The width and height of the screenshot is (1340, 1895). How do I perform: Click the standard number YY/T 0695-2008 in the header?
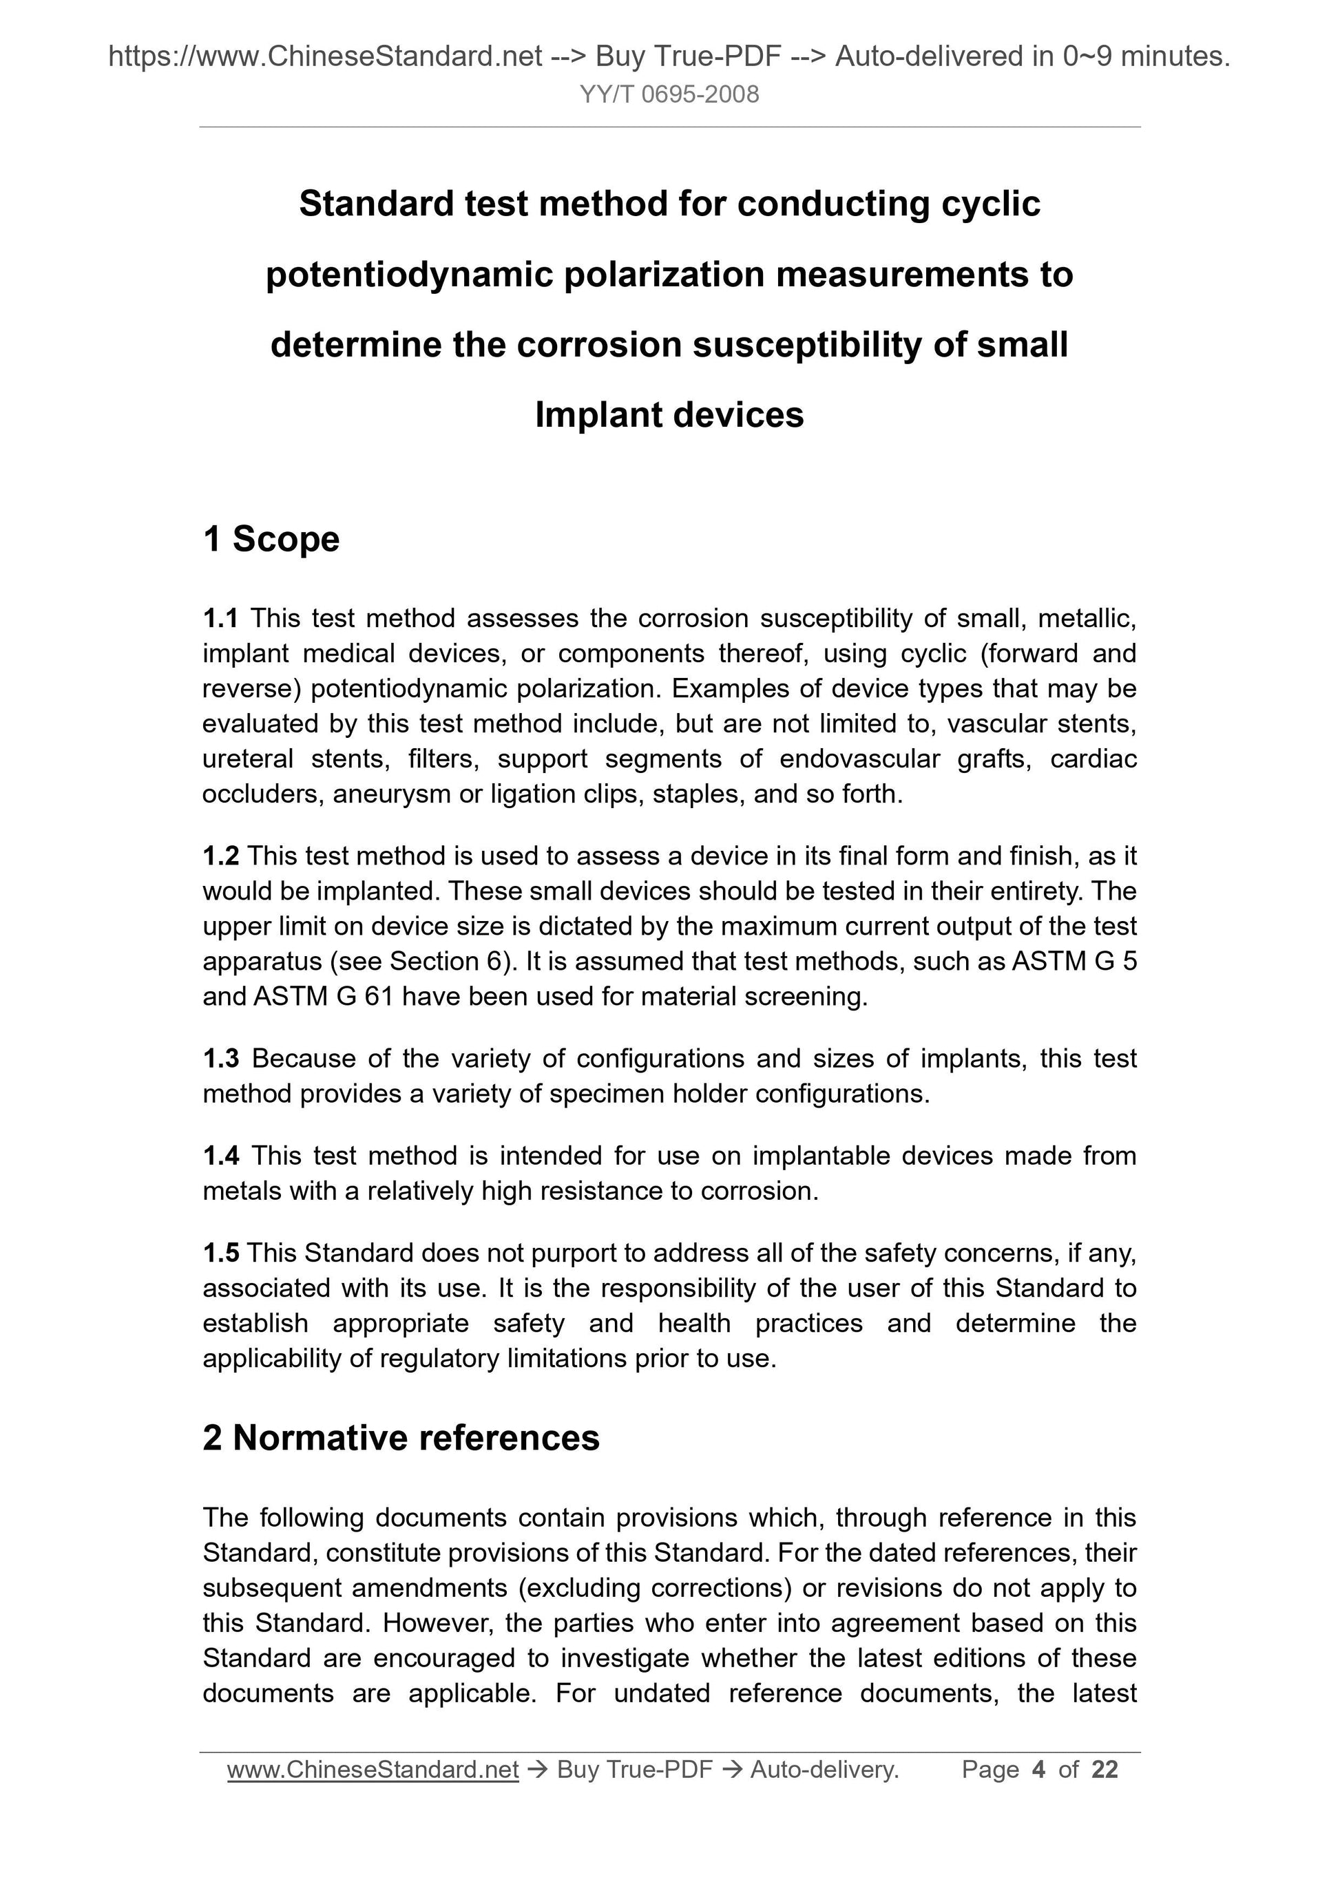click(669, 95)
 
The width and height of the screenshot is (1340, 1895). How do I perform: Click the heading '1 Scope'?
click(271, 539)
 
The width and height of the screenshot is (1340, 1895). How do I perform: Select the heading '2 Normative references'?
click(401, 1437)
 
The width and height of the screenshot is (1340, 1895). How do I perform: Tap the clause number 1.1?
click(220, 617)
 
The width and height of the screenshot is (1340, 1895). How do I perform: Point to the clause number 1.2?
click(220, 856)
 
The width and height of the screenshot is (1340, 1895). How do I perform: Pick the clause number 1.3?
click(220, 1058)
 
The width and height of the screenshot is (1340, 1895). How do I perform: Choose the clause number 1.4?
click(220, 1156)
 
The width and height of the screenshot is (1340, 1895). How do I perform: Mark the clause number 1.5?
click(220, 1253)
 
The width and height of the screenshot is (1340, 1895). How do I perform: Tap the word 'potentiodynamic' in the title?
click(408, 274)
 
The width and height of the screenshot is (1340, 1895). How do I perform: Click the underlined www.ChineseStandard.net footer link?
click(373, 1770)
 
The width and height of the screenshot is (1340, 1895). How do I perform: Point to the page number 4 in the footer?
click(1038, 1770)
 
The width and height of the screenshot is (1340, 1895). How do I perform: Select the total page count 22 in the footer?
click(1105, 1770)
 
